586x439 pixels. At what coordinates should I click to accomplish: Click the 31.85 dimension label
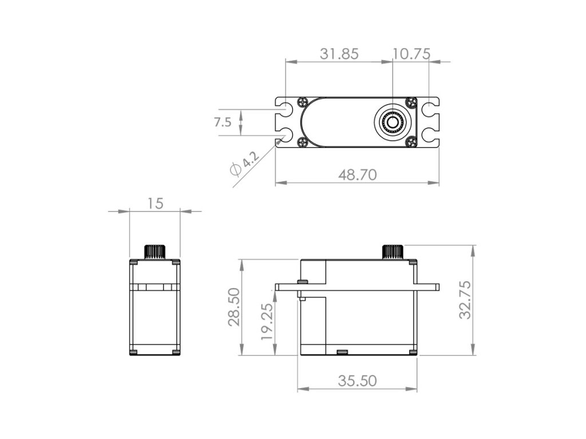339,54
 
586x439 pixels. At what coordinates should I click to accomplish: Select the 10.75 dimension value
411,54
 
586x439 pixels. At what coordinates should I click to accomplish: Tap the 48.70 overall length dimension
357,175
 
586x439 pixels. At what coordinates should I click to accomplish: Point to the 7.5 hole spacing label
223,122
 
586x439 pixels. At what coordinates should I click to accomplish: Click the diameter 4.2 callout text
245,163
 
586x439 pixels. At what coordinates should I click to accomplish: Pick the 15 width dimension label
155,203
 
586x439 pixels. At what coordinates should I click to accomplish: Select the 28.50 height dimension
234,307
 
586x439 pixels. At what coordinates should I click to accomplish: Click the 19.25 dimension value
267,321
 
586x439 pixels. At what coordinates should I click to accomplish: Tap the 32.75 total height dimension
465,300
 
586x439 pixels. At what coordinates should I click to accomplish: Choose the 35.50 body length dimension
357,381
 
